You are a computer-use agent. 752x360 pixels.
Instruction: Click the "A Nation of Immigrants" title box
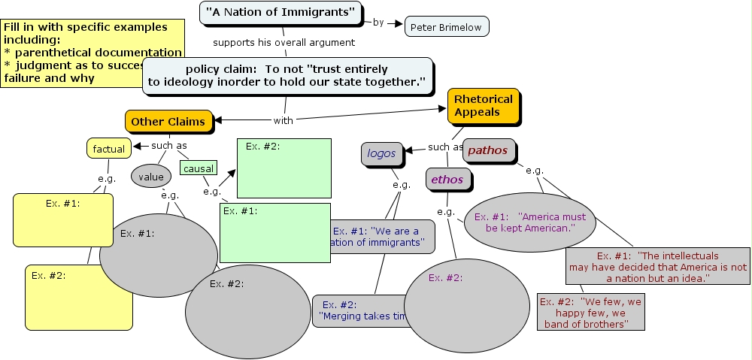coord(280,12)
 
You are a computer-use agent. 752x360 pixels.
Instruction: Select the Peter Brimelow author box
coord(447,27)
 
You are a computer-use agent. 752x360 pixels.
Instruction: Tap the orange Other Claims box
coord(168,121)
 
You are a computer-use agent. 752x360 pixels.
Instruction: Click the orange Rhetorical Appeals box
coord(484,106)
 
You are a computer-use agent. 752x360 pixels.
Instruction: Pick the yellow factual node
coord(109,149)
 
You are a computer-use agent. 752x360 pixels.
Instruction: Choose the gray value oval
coord(151,177)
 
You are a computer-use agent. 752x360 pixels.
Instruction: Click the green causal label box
coord(198,169)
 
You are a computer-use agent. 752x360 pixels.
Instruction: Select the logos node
coord(381,153)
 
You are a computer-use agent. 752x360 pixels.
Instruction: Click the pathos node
coord(489,150)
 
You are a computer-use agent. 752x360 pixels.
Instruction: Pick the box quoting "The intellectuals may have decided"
coord(657,267)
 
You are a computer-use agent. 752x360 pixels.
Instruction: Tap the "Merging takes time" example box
coord(361,310)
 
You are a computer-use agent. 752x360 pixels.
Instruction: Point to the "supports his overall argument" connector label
coord(284,42)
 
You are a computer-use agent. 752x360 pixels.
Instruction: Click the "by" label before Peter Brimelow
coord(378,22)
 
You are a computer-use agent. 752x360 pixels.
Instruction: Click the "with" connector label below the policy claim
coord(284,120)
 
